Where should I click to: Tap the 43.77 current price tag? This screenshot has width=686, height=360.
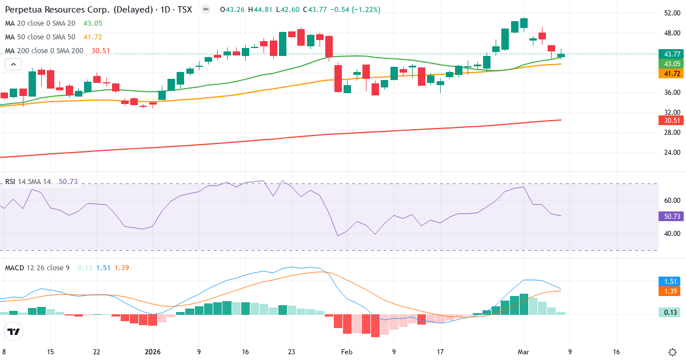[x=671, y=54]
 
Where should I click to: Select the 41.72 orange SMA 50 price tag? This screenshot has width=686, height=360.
[x=671, y=74]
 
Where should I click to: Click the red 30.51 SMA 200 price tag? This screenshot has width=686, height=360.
[x=671, y=121]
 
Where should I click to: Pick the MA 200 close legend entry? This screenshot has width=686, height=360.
[x=44, y=51]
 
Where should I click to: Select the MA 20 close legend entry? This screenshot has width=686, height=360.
[x=40, y=23]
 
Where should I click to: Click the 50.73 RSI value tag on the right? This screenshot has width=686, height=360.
[x=671, y=217]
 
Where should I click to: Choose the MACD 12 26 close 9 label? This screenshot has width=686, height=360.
[x=37, y=267]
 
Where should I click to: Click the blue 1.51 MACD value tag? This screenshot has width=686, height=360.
[x=671, y=281]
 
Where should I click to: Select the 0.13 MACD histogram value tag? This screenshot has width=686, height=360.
[x=671, y=313]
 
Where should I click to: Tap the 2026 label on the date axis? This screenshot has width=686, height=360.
[x=153, y=352]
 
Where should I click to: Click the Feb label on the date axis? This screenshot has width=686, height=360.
[x=347, y=352]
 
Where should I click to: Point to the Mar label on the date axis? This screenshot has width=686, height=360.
[x=523, y=352]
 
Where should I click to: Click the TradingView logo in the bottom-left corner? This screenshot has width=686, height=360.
[x=14, y=331]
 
